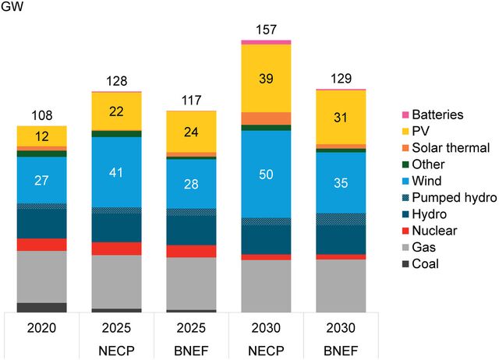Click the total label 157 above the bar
click(266, 30)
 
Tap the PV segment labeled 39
click(266, 78)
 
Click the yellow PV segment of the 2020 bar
click(42, 136)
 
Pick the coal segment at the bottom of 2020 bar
click(42, 307)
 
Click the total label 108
click(42, 116)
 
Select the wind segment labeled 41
click(117, 172)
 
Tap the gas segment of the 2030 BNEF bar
click(341, 285)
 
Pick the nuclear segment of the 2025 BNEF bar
click(191, 251)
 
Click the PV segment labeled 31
click(341, 117)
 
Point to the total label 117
click(191, 101)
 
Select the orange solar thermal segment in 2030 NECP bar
click(266, 118)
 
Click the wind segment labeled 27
click(42, 180)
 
